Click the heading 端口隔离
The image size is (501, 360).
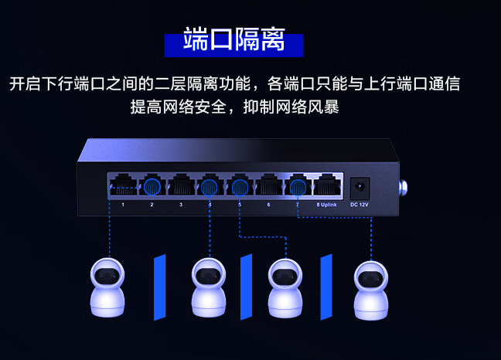point(234,39)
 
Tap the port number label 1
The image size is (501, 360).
point(123,205)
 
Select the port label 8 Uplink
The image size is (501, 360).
point(326,205)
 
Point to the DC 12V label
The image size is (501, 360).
point(360,205)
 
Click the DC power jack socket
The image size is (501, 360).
point(360,188)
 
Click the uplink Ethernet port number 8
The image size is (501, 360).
point(327,185)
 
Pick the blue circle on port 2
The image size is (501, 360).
point(152,187)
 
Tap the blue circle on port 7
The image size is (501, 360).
point(298,187)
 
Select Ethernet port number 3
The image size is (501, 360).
point(181,185)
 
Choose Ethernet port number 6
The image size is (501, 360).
point(269,185)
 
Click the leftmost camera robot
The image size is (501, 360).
point(107,287)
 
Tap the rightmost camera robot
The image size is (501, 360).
point(371,290)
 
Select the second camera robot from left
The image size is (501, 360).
point(209,287)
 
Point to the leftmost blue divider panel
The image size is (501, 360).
point(160,287)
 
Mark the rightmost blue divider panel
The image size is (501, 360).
point(326,287)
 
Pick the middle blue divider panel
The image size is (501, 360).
point(246,287)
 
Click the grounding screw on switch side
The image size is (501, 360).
point(404,188)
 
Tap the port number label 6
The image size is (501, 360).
point(269,205)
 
